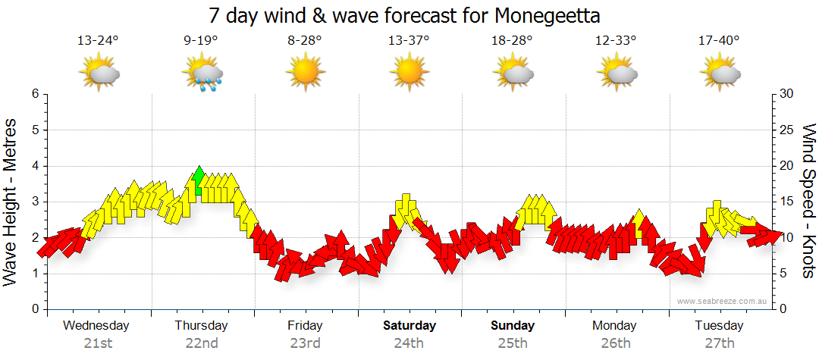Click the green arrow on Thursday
(199, 181)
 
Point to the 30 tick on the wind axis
(787, 94)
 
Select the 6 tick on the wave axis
(34, 94)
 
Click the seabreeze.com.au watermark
(723, 301)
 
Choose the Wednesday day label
(96, 326)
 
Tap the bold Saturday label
(409, 326)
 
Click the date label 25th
(513, 343)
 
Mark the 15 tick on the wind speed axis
(787, 202)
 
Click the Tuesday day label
(719, 326)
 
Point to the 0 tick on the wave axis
(34, 309)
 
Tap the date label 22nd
(202, 343)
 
